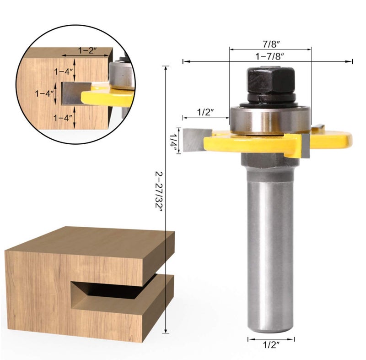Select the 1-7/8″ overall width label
click(270, 56)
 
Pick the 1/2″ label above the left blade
click(205, 112)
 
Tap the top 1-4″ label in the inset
click(63, 71)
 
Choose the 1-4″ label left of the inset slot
click(44, 93)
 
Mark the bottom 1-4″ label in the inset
click(63, 118)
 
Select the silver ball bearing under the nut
click(270, 119)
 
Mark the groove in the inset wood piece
click(75, 93)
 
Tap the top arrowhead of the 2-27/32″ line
click(166, 68)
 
